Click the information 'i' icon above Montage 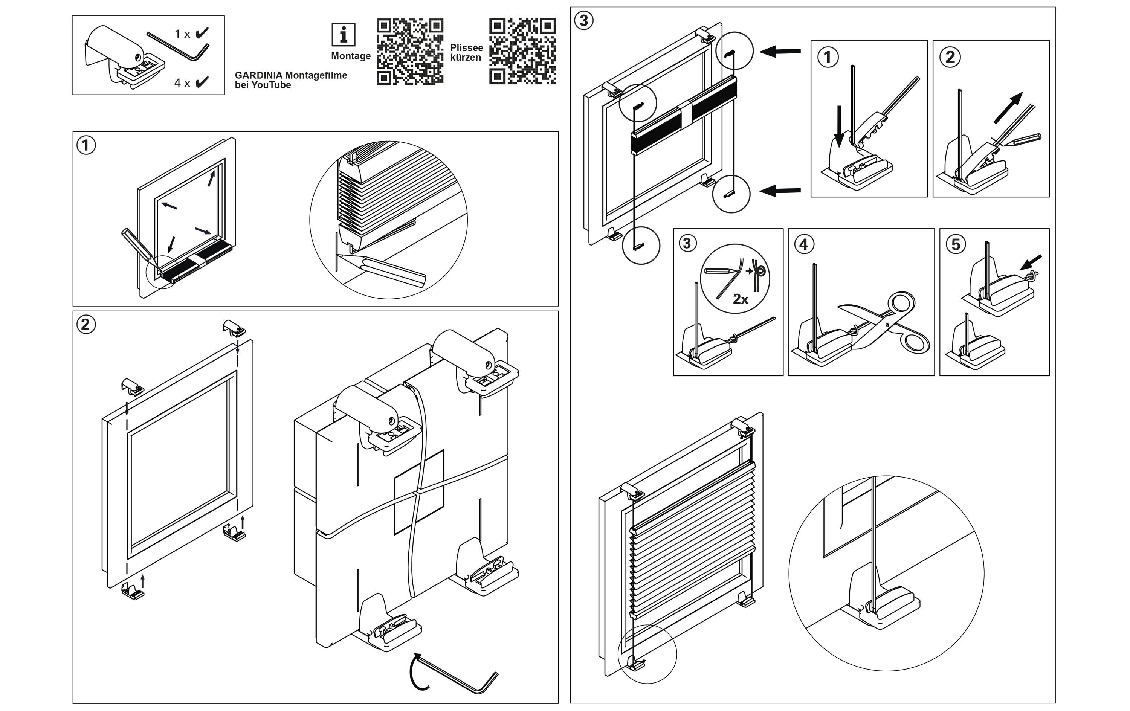(x=344, y=35)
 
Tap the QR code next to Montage (x=410, y=52)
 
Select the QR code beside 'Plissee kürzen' (x=522, y=52)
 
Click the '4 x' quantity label (x=182, y=83)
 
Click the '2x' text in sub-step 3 (x=740, y=299)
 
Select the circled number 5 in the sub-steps (x=956, y=244)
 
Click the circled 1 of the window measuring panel (x=86, y=145)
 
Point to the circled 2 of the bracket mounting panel (x=86, y=325)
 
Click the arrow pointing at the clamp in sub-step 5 (x=1031, y=262)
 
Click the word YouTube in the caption (x=271, y=85)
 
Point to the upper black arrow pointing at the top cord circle (x=780, y=51)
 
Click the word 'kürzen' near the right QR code (x=466, y=58)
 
